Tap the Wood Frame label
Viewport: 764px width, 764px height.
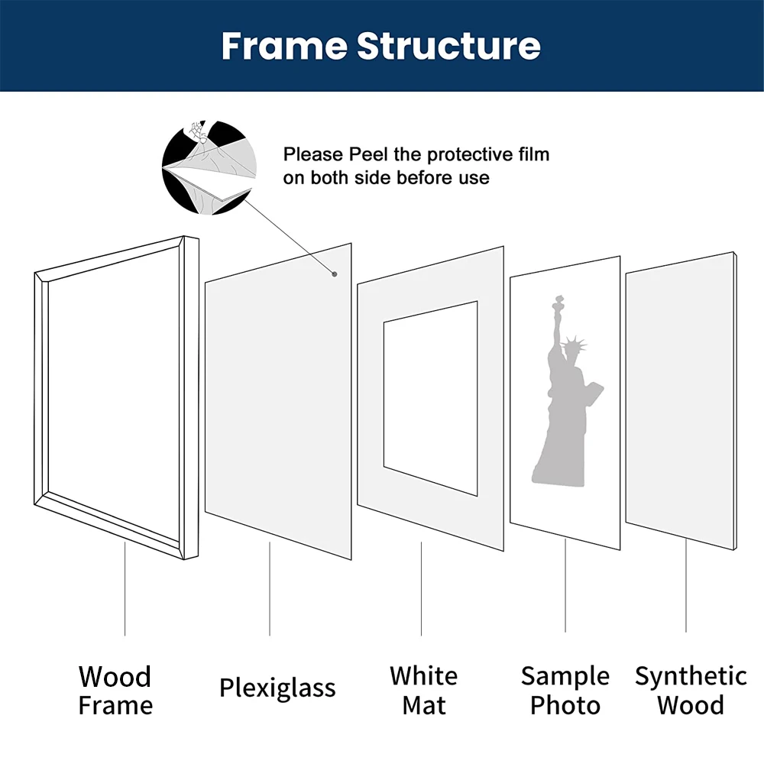pyautogui.click(x=115, y=690)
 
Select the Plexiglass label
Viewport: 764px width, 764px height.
pyautogui.click(x=277, y=688)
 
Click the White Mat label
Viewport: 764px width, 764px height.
pyautogui.click(x=423, y=690)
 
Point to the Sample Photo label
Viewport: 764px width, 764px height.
pyautogui.click(x=565, y=690)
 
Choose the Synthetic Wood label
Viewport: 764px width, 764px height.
pyautogui.click(x=691, y=690)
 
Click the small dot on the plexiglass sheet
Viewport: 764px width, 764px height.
pyautogui.click(x=335, y=273)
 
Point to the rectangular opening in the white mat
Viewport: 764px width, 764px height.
pyautogui.click(x=430, y=397)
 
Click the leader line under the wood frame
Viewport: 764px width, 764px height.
pyautogui.click(x=125, y=588)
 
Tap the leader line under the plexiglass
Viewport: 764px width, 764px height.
pyautogui.click(x=269, y=588)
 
